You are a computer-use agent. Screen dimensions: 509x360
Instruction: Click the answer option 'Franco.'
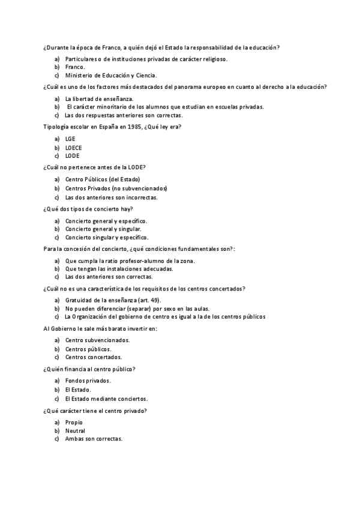75,67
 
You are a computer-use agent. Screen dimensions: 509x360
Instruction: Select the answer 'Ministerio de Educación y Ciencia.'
110,76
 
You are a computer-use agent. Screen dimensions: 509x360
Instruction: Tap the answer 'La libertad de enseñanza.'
99,98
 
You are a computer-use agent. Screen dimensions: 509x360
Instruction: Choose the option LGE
71,139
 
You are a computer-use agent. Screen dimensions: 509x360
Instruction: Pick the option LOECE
74,147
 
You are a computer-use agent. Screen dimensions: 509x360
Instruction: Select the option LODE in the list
72,155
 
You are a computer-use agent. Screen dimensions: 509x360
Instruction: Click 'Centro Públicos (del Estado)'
103,179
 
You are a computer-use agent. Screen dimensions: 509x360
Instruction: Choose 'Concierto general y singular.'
103,229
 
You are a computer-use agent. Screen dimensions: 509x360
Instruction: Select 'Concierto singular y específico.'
107,237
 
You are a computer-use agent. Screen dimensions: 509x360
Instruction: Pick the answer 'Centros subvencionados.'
97,340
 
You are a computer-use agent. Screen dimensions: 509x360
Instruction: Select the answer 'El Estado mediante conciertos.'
106,398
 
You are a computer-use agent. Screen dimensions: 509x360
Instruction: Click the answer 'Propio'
74,422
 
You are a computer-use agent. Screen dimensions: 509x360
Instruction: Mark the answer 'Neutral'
75,430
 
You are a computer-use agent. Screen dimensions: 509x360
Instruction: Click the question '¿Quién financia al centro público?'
89,369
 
